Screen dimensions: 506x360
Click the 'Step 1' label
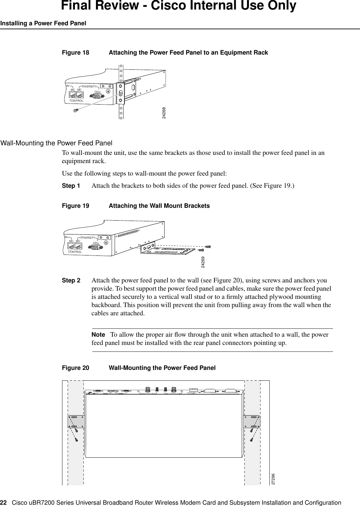point(71,186)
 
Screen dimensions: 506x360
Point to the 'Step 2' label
point(71,281)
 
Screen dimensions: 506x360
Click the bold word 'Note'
point(98,335)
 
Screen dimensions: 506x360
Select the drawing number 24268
point(164,113)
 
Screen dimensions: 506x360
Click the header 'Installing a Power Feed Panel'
point(43,23)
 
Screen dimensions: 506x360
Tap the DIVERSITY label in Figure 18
point(91,86)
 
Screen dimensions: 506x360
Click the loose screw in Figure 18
point(75,110)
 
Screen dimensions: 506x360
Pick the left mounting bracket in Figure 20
point(76,422)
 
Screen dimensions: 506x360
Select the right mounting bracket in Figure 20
point(252,422)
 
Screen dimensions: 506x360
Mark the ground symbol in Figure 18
point(108,92)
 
